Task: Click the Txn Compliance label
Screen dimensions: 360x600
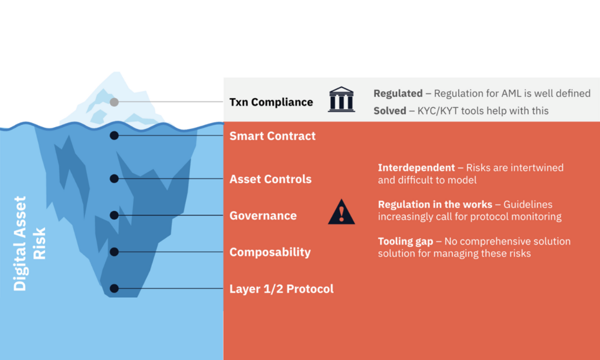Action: [x=271, y=102]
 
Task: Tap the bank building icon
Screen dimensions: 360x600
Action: [x=341, y=99]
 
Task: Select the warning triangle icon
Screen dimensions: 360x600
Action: [x=341, y=212]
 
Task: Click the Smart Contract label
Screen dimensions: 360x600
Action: [x=272, y=136]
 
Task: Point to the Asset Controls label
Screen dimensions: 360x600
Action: [x=270, y=179]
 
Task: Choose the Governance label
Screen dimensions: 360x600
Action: [x=263, y=215]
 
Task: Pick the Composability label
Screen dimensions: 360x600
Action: [x=270, y=252]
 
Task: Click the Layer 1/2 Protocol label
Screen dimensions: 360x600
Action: [x=281, y=288]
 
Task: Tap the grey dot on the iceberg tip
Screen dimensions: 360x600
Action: [x=114, y=102]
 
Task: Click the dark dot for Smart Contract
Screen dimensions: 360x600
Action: [x=114, y=135]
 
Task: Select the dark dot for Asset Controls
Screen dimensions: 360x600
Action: [x=114, y=178]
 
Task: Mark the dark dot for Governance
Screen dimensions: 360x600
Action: [x=114, y=215]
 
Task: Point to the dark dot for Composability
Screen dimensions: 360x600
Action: [x=114, y=252]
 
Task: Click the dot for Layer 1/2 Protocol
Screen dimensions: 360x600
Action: [x=114, y=288]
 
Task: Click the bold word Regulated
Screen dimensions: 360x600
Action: [x=398, y=93]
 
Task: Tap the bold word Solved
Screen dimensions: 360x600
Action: [x=389, y=110]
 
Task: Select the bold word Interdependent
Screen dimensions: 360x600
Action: [x=416, y=167]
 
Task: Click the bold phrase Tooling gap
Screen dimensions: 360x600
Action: [x=405, y=241]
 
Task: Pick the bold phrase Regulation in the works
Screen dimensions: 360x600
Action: [x=435, y=204]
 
